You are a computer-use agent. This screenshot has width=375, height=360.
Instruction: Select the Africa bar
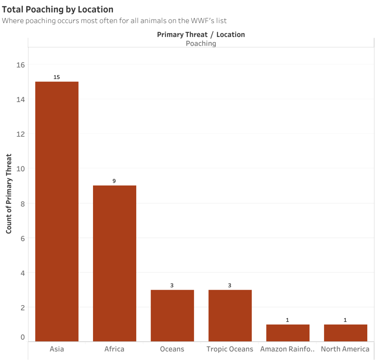point(114,263)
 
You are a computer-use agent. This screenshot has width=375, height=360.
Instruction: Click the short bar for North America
point(345,333)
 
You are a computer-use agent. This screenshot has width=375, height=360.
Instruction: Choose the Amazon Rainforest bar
point(287,333)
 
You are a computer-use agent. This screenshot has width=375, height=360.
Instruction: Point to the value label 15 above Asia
point(56,77)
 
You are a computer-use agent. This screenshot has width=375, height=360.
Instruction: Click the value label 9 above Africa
point(114,181)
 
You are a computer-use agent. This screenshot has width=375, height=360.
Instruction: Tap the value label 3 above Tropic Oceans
point(230,285)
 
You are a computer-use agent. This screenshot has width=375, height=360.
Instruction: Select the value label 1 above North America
point(345,320)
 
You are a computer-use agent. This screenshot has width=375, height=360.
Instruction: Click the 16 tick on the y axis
point(20,65)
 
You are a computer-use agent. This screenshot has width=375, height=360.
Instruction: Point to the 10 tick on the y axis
point(20,169)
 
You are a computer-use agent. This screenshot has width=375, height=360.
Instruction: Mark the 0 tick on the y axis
point(23,337)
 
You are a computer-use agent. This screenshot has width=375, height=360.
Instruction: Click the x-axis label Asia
point(57,349)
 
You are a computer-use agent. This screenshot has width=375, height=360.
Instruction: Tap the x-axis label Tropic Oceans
point(230,349)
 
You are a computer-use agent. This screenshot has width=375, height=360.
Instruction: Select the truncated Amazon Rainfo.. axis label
point(287,349)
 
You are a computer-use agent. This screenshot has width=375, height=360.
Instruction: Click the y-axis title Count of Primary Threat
point(9,194)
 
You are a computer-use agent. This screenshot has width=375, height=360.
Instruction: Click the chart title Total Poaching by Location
point(57,9)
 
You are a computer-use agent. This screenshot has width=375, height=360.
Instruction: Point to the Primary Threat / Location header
point(201,34)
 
